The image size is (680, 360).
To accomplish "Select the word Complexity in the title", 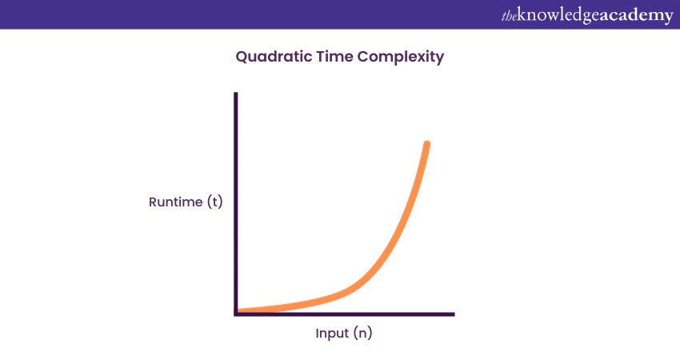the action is click(401, 58).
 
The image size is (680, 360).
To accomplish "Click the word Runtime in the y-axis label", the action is click(176, 202).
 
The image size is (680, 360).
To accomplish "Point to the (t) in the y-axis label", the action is click(215, 202).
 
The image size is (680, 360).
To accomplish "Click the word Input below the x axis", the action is click(332, 334).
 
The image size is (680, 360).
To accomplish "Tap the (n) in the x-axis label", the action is click(363, 333).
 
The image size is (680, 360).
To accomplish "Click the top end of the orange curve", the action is click(427, 143).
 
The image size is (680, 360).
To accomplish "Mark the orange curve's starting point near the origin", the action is click(239, 310).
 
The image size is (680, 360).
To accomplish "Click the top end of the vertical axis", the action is click(236, 93).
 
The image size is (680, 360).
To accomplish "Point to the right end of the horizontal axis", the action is click(454, 314).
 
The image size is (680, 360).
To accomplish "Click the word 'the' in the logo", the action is click(509, 16).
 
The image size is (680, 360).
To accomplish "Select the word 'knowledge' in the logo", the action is click(558, 16).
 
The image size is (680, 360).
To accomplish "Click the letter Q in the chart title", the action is click(242, 57).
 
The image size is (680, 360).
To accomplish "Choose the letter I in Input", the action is click(317, 333).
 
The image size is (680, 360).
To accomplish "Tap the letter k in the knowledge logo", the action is click(522, 14).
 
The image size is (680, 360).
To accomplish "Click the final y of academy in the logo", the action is click(668, 18).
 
